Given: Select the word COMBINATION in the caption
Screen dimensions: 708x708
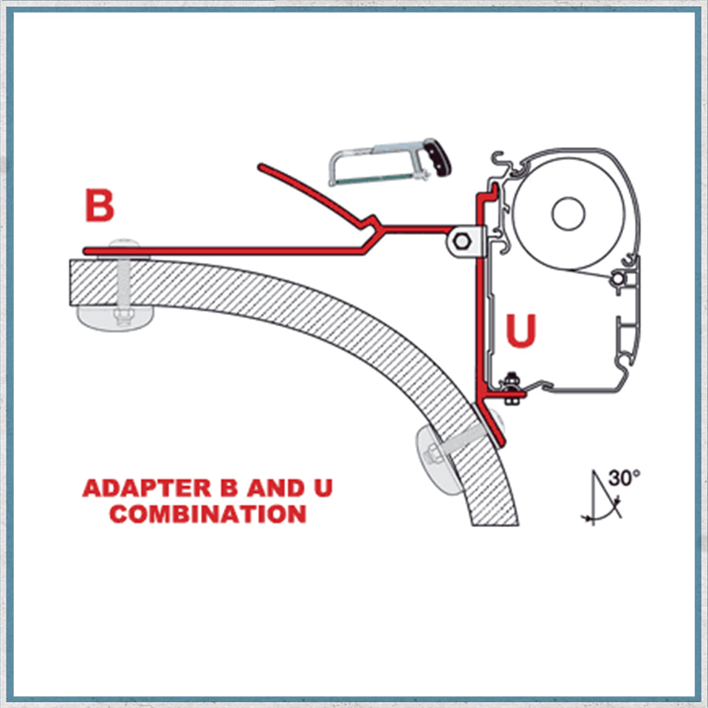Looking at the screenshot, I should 207,513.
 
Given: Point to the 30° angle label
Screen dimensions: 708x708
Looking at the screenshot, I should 624,477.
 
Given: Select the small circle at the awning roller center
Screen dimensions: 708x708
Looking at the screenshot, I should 568,213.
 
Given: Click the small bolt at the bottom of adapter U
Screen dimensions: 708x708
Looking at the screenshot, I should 509,385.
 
